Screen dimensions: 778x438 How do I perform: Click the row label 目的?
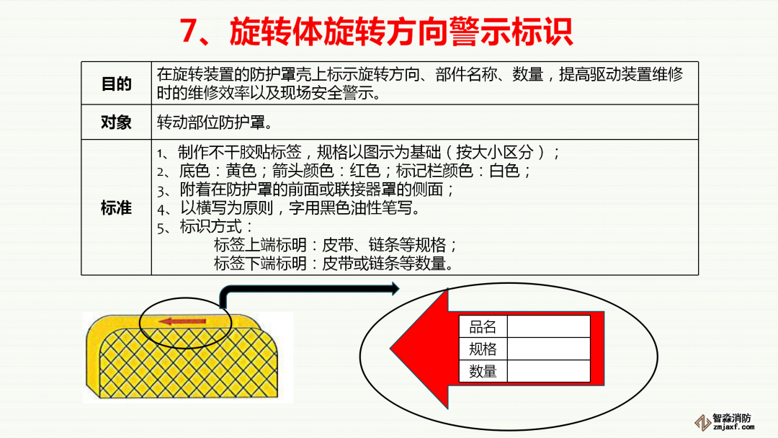click(116, 84)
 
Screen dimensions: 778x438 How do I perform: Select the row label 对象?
click(116, 122)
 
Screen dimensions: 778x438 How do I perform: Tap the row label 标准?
click(116, 208)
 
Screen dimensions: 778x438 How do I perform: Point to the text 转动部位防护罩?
click(211, 122)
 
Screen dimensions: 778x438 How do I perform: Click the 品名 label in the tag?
click(483, 327)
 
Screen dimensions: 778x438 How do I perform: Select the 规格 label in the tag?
click(483, 349)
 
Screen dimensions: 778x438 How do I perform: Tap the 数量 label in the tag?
click(483, 371)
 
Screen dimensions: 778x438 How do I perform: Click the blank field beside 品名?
click(548, 327)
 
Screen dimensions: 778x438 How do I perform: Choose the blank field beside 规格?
click(548, 349)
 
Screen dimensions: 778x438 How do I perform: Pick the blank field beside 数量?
click(548, 371)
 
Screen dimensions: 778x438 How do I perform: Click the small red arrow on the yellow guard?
click(182, 321)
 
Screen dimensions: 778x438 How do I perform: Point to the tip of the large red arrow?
click(391, 349)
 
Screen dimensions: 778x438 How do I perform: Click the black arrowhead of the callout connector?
click(395, 289)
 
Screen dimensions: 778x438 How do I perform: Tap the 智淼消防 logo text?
click(732, 418)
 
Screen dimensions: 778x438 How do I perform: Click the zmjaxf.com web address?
click(733, 426)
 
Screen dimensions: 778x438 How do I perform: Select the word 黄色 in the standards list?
click(241, 171)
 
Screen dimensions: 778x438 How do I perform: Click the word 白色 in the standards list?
click(504, 171)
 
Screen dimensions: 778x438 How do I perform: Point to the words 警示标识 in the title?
click(511, 32)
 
